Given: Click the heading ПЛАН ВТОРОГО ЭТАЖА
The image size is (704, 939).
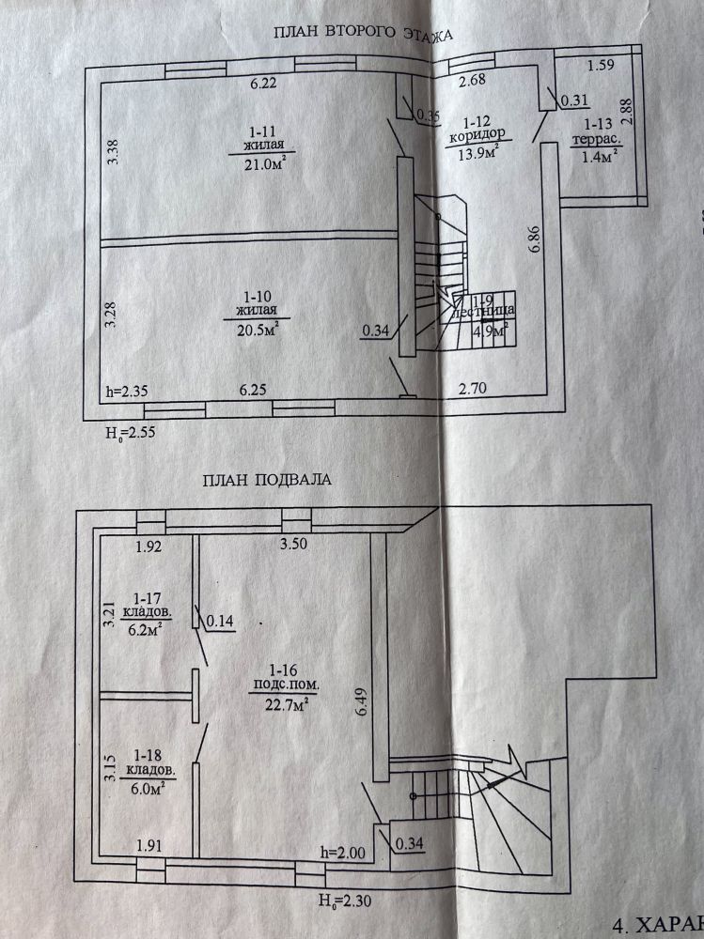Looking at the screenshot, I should (x=363, y=35).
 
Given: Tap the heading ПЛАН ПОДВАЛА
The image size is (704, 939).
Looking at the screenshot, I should (x=267, y=481).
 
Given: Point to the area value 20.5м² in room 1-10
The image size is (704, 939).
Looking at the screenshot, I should (x=256, y=329).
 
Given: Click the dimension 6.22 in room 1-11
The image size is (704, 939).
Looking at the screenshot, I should (x=263, y=84).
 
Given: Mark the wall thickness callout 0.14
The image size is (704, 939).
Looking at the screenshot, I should (x=220, y=622).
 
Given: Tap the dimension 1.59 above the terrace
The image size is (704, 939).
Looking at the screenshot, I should (x=600, y=66).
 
